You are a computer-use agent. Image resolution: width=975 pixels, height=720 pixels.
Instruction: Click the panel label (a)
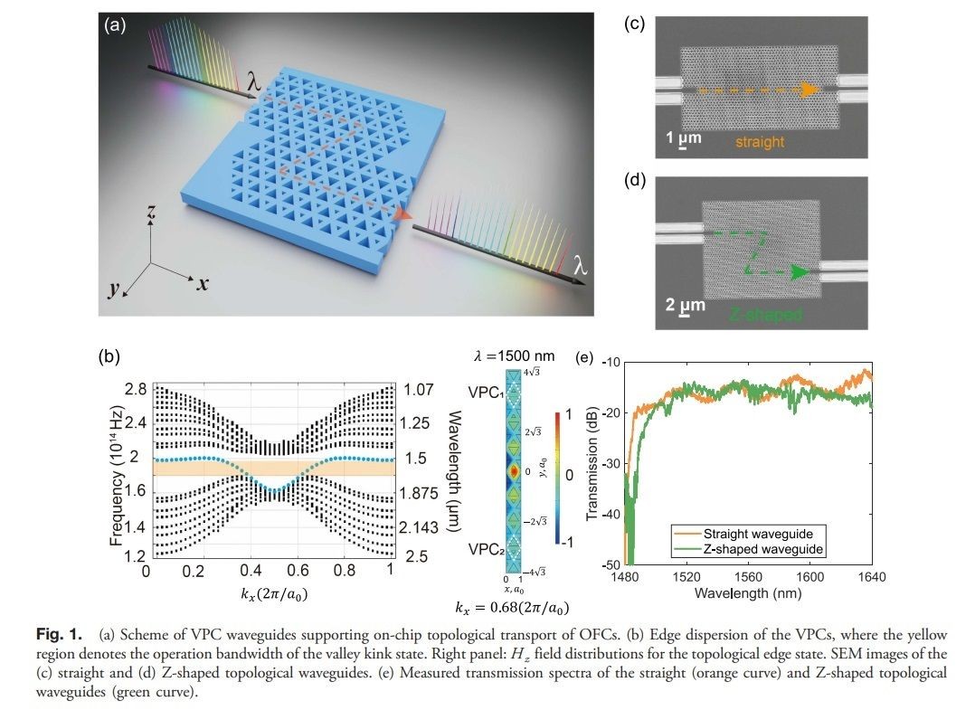coord(116,25)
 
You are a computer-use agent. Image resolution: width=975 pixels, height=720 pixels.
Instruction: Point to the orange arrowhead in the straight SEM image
coord(808,90)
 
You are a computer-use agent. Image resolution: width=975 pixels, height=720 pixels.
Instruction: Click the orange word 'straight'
coord(757,142)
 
